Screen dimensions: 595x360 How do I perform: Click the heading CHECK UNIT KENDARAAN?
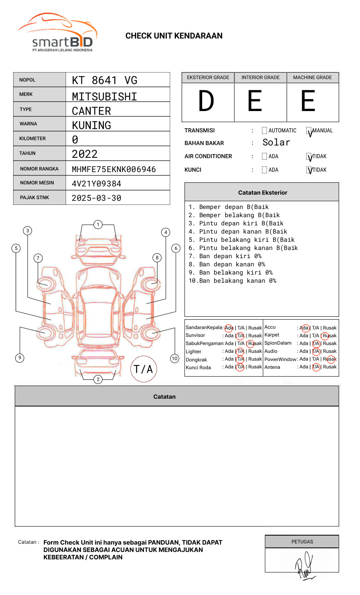click(174, 36)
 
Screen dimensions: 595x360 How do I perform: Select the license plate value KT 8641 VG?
click(105, 80)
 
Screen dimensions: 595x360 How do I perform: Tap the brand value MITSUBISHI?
click(105, 97)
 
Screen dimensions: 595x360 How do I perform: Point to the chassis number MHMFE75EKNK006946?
click(114, 169)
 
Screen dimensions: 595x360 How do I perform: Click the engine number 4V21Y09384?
click(96, 184)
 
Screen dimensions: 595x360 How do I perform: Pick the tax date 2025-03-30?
click(96, 198)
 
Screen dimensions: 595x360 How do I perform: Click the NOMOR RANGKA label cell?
click(39, 169)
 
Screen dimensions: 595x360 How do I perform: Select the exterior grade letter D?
click(206, 101)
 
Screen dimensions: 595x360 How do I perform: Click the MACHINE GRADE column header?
click(312, 77)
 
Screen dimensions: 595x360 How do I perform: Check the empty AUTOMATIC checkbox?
click(264, 131)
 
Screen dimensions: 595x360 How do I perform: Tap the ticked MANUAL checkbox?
click(309, 131)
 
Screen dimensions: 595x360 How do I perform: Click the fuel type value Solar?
click(276, 143)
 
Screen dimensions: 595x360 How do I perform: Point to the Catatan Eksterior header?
click(262, 193)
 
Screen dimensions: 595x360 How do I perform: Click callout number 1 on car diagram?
click(98, 225)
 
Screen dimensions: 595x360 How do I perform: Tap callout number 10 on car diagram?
click(175, 359)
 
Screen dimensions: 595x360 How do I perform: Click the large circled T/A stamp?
click(144, 369)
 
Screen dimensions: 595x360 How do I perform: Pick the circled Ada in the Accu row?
click(305, 328)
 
